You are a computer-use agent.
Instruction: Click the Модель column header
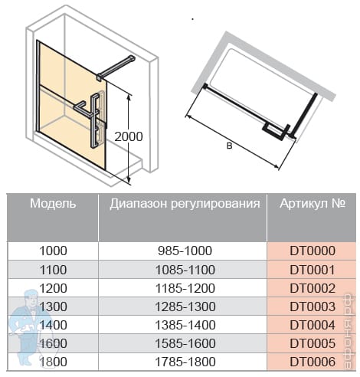coord(53,204)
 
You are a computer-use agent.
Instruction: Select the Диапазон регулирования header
coord(185,204)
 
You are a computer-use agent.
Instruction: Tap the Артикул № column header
coord(313,204)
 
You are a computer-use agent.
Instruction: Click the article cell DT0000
coord(313,251)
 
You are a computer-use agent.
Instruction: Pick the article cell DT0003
coord(313,307)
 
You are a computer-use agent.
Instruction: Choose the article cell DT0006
coord(313,362)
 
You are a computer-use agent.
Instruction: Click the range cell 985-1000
coord(185,251)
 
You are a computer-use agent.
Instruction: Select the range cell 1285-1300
coord(185,307)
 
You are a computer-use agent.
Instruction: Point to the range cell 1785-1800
coord(185,362)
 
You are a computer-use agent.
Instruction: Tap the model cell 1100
coord(53,270)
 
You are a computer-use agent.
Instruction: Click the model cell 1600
coord(53,343)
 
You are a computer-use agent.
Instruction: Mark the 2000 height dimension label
coord(129,136)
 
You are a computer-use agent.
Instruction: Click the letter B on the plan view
coord(230,146)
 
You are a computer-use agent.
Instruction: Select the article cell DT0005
coord(313,343)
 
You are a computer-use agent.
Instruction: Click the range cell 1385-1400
coord(185,325)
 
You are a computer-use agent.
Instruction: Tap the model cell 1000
coord(53,251)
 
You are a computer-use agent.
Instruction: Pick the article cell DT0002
coord(313,288)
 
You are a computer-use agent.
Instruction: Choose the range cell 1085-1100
coord(185,270)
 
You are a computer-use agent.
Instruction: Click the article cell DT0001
coord(313,270)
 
